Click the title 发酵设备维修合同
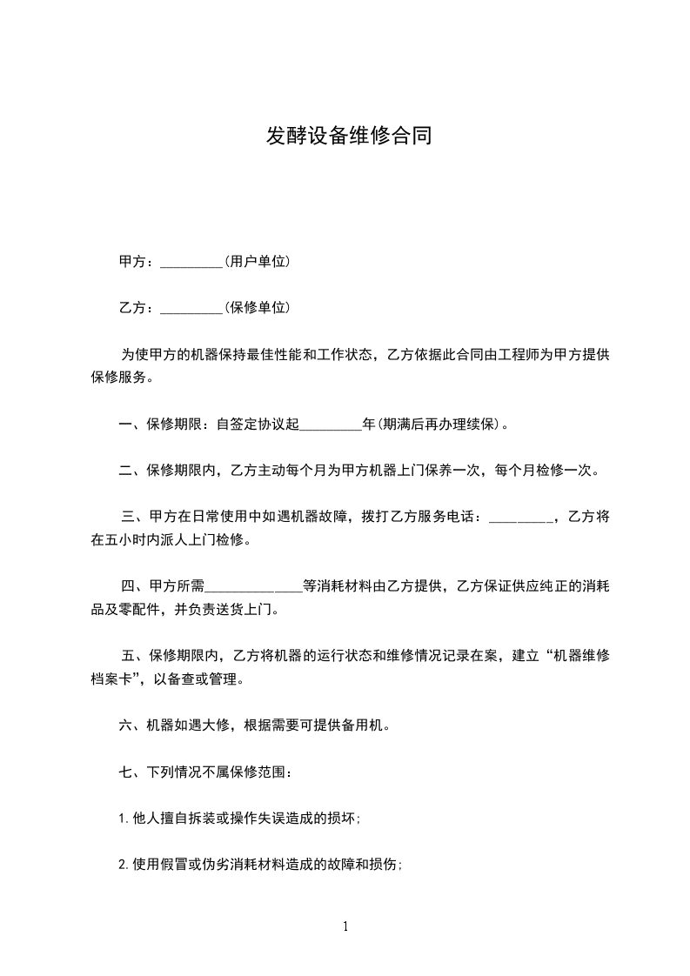[349, 137]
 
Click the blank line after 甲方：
[192, 263]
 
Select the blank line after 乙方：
[192, 309]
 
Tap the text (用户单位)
[257, 261]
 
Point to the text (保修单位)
[257, 307]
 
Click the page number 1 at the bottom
[345, 926]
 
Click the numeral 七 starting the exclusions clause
[124, 772]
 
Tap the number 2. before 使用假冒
[124, 865]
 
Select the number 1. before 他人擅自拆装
[124, 819]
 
